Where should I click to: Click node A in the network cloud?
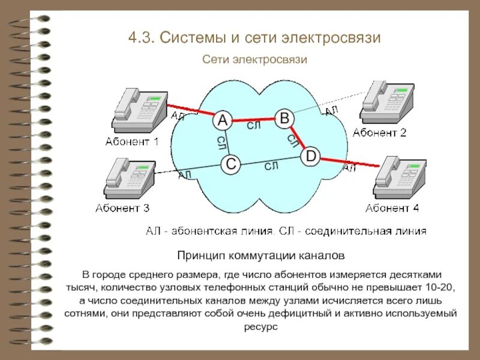223,121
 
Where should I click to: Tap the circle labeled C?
230,163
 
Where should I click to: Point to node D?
310,157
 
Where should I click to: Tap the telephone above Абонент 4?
399,178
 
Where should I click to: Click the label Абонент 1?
132,142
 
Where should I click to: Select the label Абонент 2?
380,133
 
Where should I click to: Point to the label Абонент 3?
122,208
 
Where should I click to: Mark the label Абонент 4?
392,208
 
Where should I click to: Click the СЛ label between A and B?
254,125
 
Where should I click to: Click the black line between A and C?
227,142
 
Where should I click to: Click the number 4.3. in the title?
142,38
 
